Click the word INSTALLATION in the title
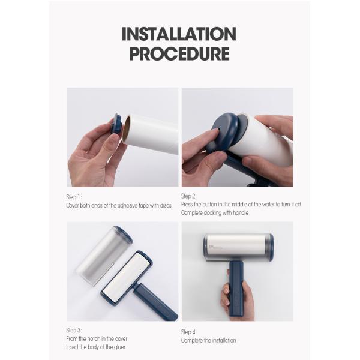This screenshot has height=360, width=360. [x=179, y=33]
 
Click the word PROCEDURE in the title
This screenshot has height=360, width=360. [x=179, y=53]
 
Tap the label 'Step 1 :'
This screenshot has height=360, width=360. [x=74, y=197]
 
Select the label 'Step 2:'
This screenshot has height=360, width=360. [x=189, y=196]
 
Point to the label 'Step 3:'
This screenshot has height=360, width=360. [x=74, y=330]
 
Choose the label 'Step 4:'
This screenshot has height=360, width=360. [x=190, y=332]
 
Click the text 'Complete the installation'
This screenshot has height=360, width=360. [x=208, y=340]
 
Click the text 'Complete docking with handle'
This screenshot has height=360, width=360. [x=214, y=212]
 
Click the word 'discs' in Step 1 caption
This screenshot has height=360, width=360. [x=165, y=205]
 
